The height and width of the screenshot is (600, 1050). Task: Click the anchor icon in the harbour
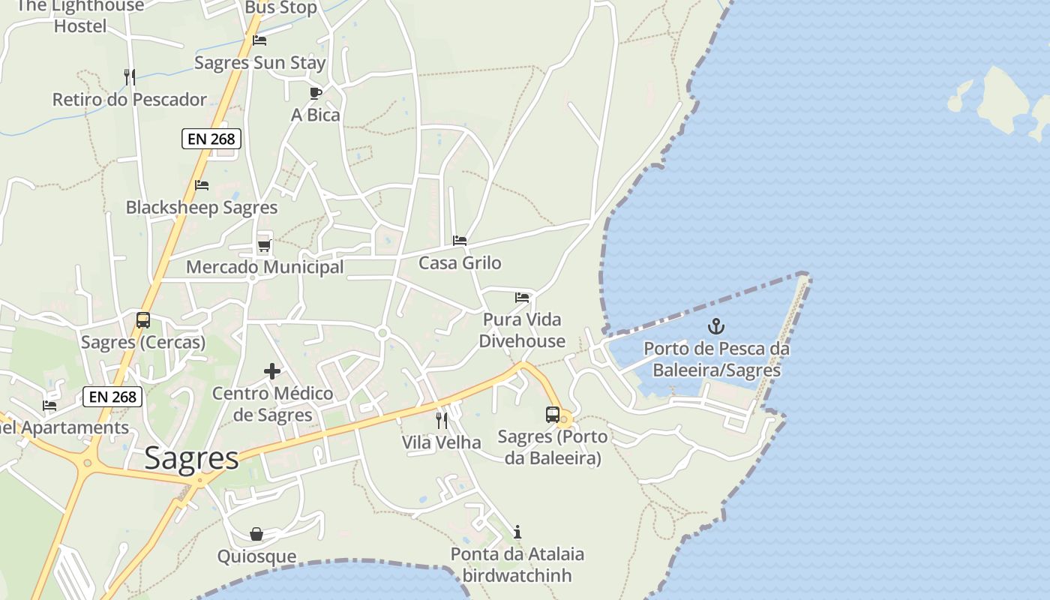pyautogui.click(x=716, y=326)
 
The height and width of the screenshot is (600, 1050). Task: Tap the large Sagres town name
pyautogui.click(x=191, y=457)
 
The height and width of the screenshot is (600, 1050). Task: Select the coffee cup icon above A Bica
pyautogui.click(x=316, y=93)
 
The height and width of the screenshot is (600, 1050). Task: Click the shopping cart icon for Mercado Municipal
pyautogui.click(x=264, y=245)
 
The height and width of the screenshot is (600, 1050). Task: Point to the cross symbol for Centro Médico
pyautogui.click(x=272, y=371)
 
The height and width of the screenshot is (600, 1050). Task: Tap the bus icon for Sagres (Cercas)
pyautogui.click(x=142, y=320)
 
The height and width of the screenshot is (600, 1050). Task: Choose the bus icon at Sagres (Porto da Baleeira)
pyautogui.click(x=553, y=414)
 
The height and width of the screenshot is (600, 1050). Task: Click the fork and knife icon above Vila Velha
pyautogui.click(x=442, y=420)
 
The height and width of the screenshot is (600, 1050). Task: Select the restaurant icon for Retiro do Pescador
pyautogui.click(x=130, y=76)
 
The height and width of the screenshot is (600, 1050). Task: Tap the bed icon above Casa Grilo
pyautogui.click(x=460, y=241)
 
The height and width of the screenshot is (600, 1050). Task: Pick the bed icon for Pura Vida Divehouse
pyautogui.click(x=522, y=298)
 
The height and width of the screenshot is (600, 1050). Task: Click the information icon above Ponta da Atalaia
pyautogui.click(x=517, y=532)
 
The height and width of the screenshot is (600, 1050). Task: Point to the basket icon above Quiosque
pyautogui.click(x=256, y=534)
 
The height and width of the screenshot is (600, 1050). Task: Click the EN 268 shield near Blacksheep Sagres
pyautogui.click(x=211, y=139)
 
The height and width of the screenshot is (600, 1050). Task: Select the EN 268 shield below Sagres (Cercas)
pyautogui.click(x=112, y=397)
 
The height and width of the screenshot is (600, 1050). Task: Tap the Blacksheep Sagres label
pyautogui.click(x=202, y=208)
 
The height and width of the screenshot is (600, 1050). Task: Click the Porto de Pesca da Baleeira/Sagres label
pyautogui.click(x=716, y=359)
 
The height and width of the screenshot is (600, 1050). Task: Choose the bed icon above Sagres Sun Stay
pyautogui.click(x=259, y=40)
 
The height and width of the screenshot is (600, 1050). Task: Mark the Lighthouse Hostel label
pyautogui.click(x=79, y=16)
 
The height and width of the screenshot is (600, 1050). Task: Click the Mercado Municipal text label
pyautogui.click(x=265, y=267)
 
